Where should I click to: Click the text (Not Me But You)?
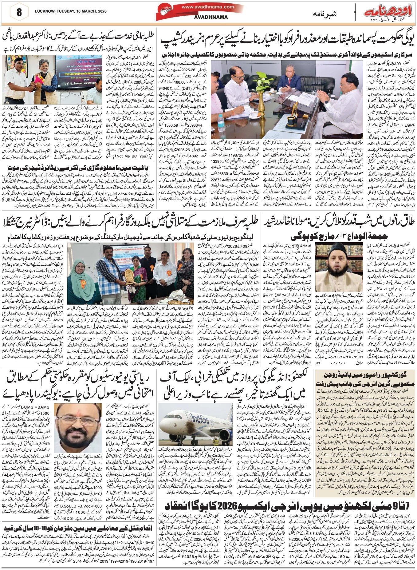tap(125, 156)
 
